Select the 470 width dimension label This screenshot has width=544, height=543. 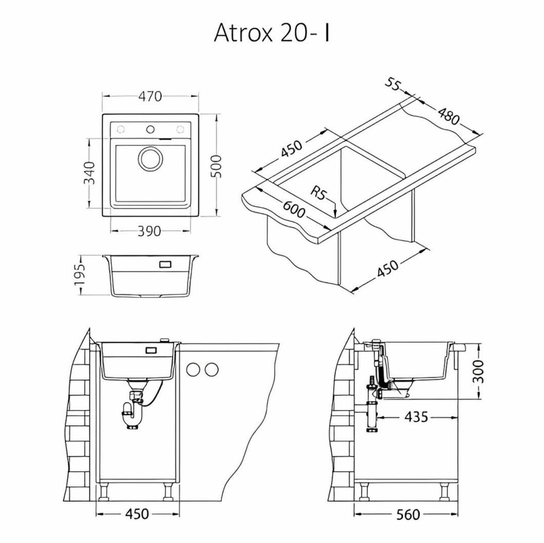click(x=150, y=97)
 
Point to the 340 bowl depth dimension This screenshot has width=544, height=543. click(x=89, y=173)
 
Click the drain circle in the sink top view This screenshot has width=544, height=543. click(x=150, y=159)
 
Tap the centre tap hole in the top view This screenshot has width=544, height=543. click(x=150, y=129)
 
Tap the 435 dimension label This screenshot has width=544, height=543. click(x=416, y=417)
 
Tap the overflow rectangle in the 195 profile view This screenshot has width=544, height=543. click(x=165, y=264)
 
